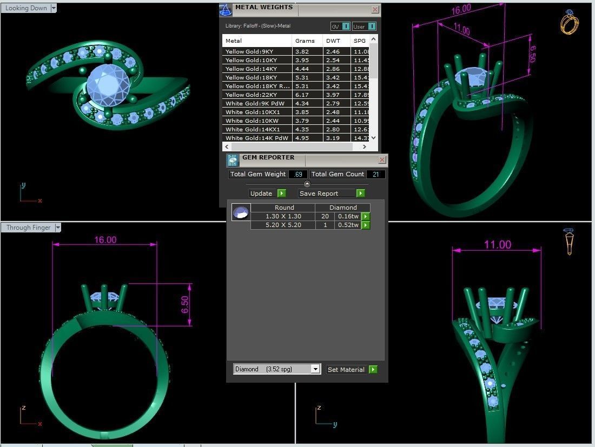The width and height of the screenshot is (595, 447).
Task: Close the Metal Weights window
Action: click(x=375, y=10)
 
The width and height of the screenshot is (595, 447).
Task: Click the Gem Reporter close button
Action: click(x=382, y=160)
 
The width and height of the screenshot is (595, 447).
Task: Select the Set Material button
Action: click(x=352, y=370)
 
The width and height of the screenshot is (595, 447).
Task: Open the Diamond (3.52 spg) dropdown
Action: click(x=315, y=369)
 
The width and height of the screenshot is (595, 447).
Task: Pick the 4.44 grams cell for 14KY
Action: click(x=302, y=69)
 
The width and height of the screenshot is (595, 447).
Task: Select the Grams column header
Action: click(x=305, y=41)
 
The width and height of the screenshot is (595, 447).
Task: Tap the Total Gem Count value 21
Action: click(x=375, y=174)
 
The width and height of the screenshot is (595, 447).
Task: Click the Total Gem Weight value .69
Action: click(x=298, y=174)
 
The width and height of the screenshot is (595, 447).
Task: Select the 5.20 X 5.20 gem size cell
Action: click(x=283, y=225)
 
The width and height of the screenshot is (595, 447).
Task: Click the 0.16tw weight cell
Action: click(x=347, y=216)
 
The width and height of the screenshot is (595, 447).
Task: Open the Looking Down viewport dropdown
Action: click(x=54, y=8)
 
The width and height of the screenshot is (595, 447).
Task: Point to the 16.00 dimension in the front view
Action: click(x=105, y=240)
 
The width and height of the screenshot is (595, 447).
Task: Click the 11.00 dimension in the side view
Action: click(x=497, y=245)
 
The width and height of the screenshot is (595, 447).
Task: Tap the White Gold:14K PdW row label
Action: click(x=256, y=138)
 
